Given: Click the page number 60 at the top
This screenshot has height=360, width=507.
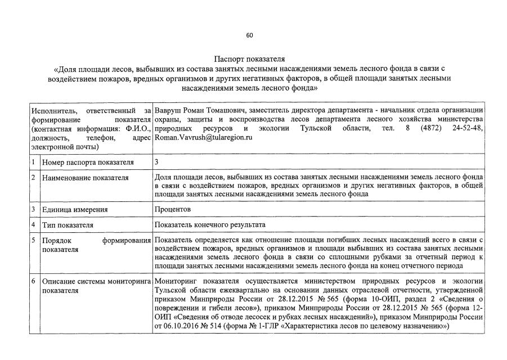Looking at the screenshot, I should point(249,35).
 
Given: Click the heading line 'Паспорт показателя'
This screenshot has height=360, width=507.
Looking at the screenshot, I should point(249,58).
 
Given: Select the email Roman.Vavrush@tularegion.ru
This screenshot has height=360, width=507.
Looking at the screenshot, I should point(203,137).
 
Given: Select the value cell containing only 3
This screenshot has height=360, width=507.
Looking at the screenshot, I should point(157,163).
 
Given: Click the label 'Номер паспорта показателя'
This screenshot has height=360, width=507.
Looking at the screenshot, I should point(88,163).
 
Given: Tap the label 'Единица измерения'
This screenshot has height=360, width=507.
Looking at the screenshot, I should point(75,209).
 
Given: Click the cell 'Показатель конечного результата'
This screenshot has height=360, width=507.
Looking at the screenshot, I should point(210,225).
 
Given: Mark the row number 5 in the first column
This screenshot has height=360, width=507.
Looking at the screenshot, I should point(34,241).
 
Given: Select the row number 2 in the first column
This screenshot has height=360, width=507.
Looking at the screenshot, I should point(34,178).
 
